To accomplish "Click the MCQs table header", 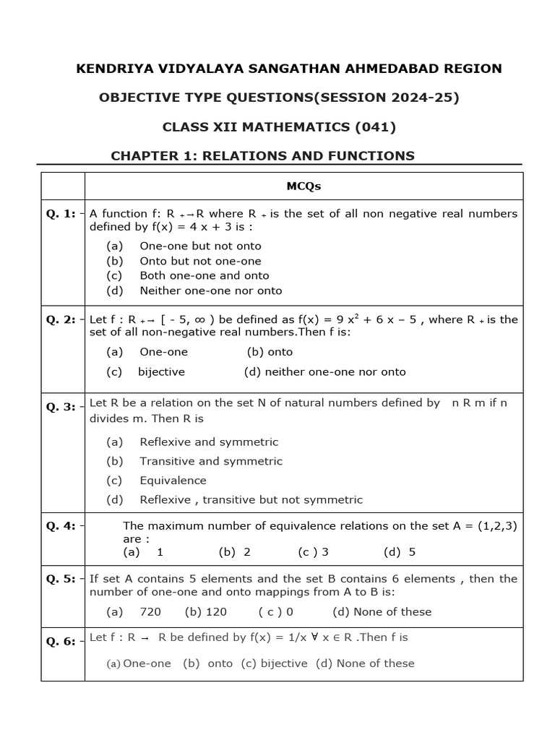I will tap(304, 186).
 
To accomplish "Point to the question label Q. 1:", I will tap(61, 214).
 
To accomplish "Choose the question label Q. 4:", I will tap(61, 526).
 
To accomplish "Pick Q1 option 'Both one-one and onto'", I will tap(204, 275).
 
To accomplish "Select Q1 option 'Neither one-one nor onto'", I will tap(210, 291).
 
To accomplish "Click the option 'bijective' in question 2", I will tap(161, 372).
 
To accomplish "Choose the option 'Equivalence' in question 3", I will tap(173, 481).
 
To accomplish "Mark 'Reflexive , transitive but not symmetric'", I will tap(251, 499).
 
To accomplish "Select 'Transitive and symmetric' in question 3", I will tap(211, 461).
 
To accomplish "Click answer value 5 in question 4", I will tap(412, 552).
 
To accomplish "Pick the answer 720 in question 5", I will tap(150, 611).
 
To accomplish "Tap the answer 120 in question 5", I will tap(216, 611).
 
